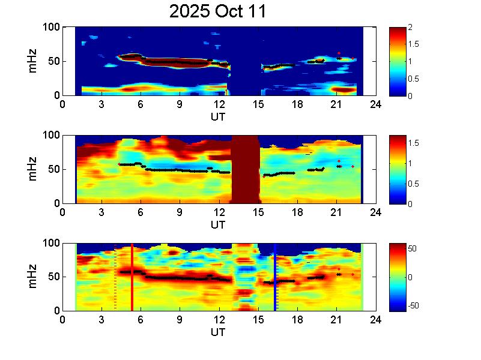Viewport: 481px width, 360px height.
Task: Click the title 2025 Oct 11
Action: [x=218, y=12]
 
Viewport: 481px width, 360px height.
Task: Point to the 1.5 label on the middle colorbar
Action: [x=414, y=142]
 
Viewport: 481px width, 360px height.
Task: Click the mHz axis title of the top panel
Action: [x=34, y=61]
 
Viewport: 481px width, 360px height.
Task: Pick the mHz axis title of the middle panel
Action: [x=34, y=169]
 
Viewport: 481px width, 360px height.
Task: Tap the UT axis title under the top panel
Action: [x=218, y=116]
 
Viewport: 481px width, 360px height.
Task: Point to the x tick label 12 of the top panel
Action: [x=219, y=104]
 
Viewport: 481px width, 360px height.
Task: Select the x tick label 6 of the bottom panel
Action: [x=141, y=320]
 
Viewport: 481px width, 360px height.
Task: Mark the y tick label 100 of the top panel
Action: [x=51, y=27]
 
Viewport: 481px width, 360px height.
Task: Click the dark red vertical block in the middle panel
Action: [x=245, y=169]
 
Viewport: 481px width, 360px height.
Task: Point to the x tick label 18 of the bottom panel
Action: [x=297, y=320]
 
